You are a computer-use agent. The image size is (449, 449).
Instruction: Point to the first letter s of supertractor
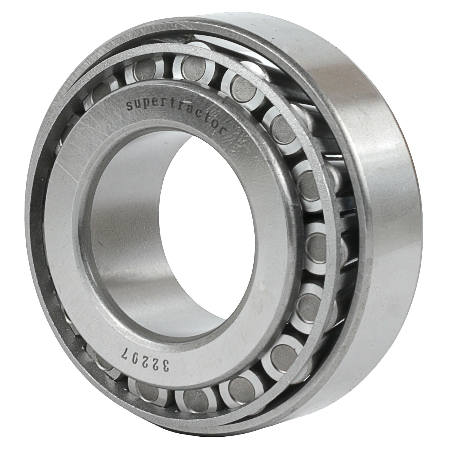[129, 106]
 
